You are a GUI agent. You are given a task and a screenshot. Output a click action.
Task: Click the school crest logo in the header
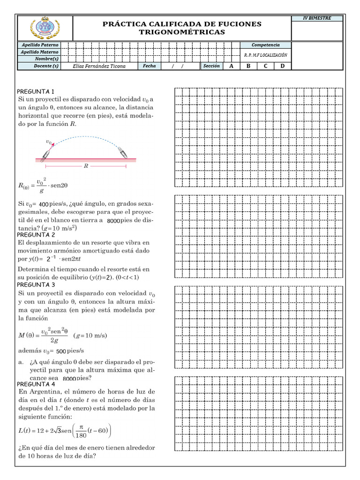[45, 28]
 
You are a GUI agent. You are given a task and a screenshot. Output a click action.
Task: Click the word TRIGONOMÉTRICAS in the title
[182, 32]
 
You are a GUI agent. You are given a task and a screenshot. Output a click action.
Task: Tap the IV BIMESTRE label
[317, 18]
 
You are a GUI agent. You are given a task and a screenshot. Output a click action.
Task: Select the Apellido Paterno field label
[41, 45]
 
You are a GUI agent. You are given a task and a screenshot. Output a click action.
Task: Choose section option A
[231, 66]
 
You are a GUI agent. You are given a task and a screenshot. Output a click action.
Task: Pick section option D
[282, 66]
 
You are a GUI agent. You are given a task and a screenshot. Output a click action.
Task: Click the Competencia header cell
[265, 45]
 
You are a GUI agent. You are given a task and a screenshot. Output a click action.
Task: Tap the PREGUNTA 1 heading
[36, 91]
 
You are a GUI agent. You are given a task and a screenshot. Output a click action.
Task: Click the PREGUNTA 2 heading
[36, 234]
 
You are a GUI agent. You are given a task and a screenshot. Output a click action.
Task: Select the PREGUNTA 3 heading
[36, 285]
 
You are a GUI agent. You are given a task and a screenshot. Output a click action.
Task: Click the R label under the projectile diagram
[86, 166]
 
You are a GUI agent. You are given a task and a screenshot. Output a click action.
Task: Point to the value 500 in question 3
[60, 351]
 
